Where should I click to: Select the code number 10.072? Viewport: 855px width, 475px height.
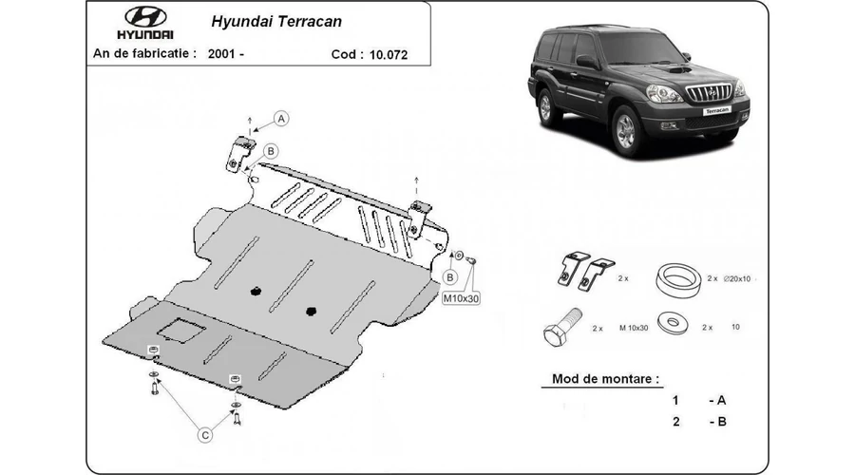pos(389,54)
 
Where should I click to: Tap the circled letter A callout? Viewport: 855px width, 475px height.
pos(282,118)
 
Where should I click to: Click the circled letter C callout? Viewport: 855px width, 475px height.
pos(204,435)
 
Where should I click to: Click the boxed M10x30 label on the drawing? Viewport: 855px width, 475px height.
pos(460,297)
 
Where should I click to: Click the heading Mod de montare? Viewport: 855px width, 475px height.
pos(605,379)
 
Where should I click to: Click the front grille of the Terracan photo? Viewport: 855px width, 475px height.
pos(710,92)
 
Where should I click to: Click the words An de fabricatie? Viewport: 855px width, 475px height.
pos(144,54)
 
